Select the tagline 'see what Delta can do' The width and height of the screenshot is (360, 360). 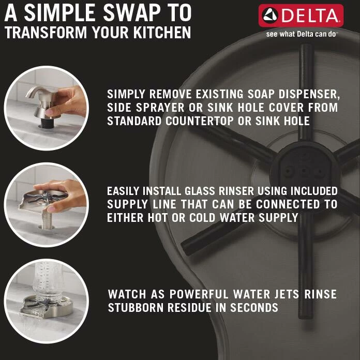pyautogui.click(x=301, y=34)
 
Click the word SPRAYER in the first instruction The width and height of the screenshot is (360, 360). pyautogui.click(x=160, y=108)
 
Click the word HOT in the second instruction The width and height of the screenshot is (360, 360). pyautogui.click(x=157, y=218)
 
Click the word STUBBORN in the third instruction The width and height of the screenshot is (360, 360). pyautogui.click(x=136, y=308)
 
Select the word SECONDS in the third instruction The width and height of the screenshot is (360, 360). pyautogui.click(x=254, y=308)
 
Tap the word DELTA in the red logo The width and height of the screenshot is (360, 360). pyautogui.click(x=309, y=16)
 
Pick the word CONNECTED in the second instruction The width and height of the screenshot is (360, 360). pyautogui.click(x=288, y=204)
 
